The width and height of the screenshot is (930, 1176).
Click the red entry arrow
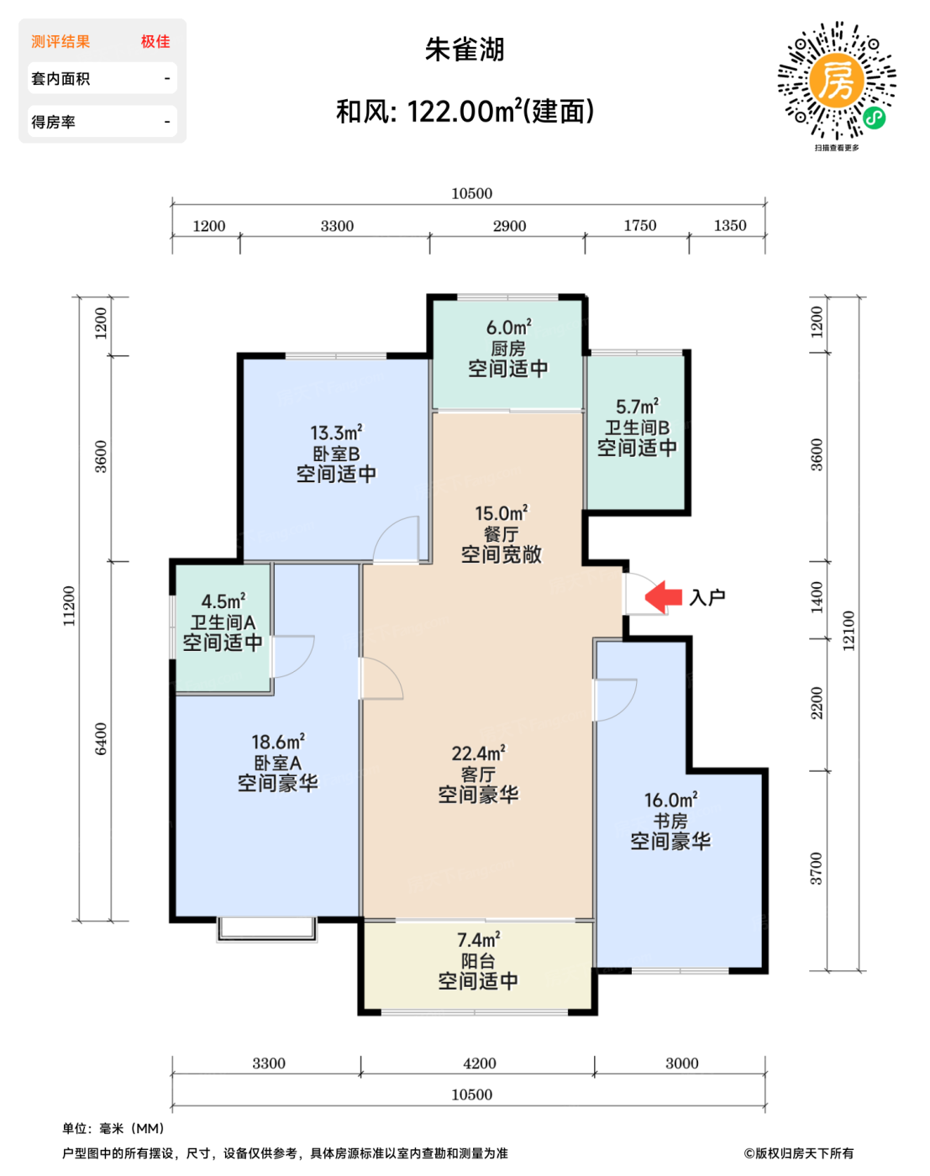coord(663,596)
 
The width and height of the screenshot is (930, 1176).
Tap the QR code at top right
coord(837,81)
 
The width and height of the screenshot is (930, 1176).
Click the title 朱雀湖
coord(465,50)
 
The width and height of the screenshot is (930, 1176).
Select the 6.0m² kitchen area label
coord(509,328)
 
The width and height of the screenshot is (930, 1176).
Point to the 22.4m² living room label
coord(479,753)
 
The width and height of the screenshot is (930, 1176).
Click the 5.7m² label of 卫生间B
coord(638,407)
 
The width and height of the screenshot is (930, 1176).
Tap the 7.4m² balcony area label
coord(479,940)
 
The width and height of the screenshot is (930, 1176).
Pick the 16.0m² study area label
coord(671,800)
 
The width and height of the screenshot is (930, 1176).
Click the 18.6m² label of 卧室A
coord(278,742)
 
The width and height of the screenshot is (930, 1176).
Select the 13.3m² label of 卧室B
coord(336,433)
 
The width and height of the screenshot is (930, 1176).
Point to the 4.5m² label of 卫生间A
coord(223,601)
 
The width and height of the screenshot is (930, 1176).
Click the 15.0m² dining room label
coord(502,514)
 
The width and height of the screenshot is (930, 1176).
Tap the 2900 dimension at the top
coord(510,226)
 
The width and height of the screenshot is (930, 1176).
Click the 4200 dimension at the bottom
coord(480,1063)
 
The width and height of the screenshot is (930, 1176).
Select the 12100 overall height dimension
coord(848,631)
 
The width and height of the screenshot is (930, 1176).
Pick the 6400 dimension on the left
coord(101,739)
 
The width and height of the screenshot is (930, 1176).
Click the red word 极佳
coord(155,41)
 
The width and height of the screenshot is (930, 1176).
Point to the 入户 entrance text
coord(707,597)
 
